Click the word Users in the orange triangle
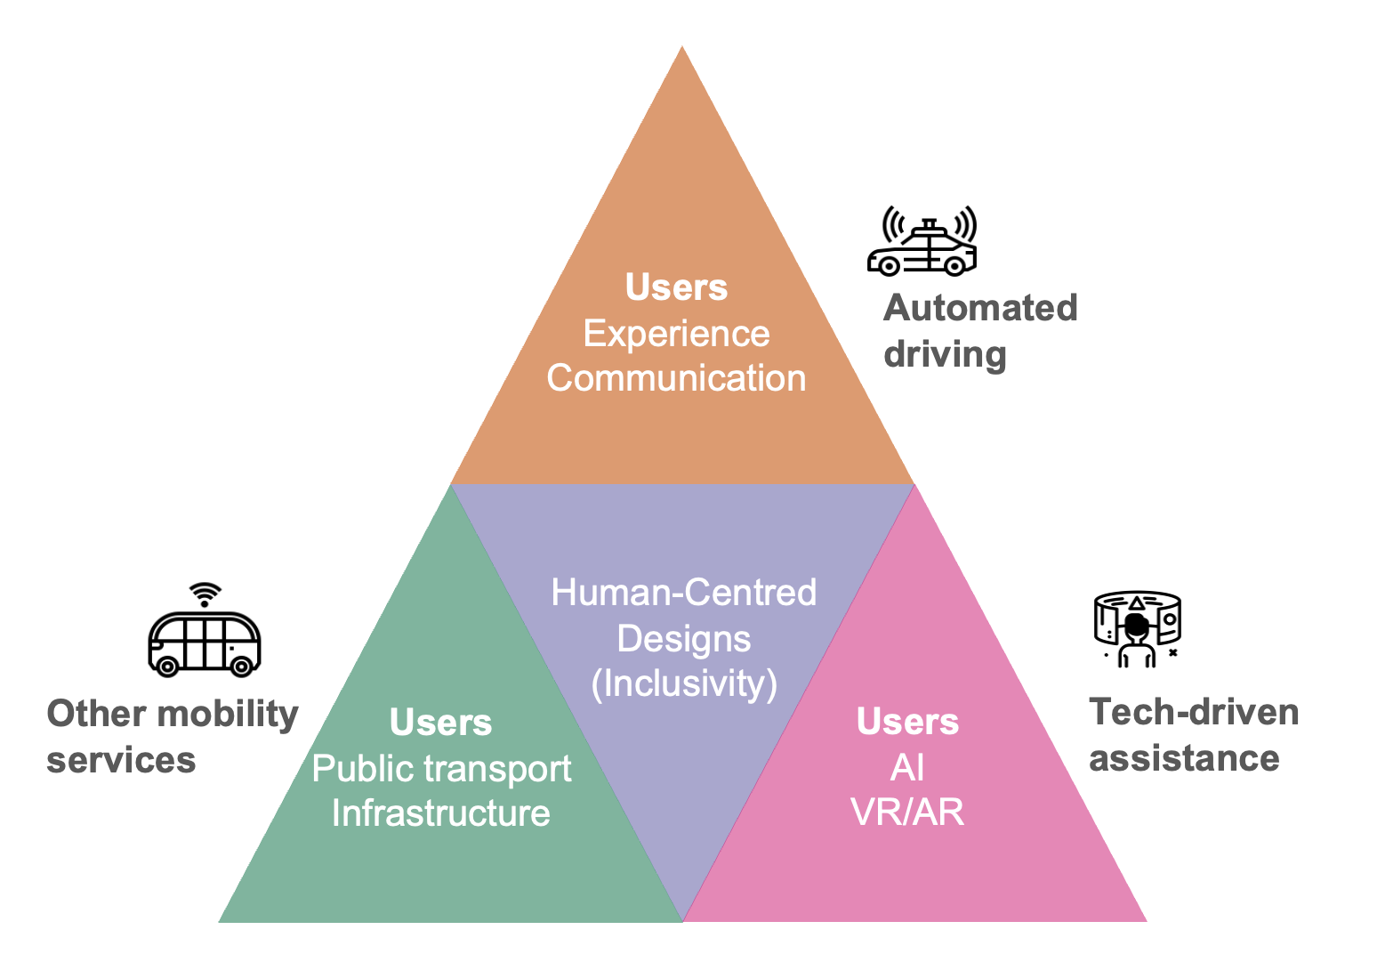(x=676, y=287)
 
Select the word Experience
(x=676, y=334)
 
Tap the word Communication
(x=676, y=378)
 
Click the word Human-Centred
(x=683, y=593)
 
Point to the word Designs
(x=683, y=639)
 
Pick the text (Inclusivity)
(x=684, y=683)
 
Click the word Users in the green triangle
(x=440, y=723)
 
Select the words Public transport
(x=441, y=769)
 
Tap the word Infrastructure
(x=440, y=813)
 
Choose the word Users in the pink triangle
(x=907, y=722)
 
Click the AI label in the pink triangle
(x=907, y=767)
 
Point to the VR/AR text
(x=907, y=812)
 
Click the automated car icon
(x=922, y=243)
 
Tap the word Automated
(x=980, y=308)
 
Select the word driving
(x=945, y=354)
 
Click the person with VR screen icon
(x=1137, y=629)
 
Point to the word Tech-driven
(x=1194, y=712)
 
